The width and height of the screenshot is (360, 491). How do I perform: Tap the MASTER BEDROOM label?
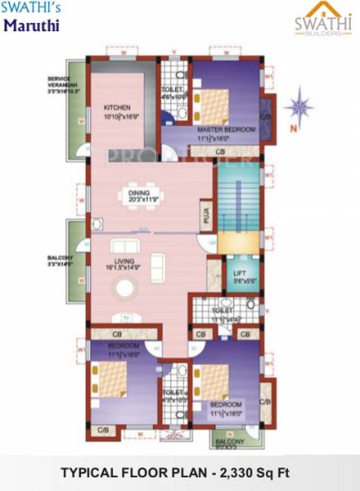[x=223, y=129]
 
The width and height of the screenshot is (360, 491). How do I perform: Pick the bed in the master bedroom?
[x=216, y=105]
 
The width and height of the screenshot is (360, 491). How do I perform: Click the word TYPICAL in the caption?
[x=90, y=473]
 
